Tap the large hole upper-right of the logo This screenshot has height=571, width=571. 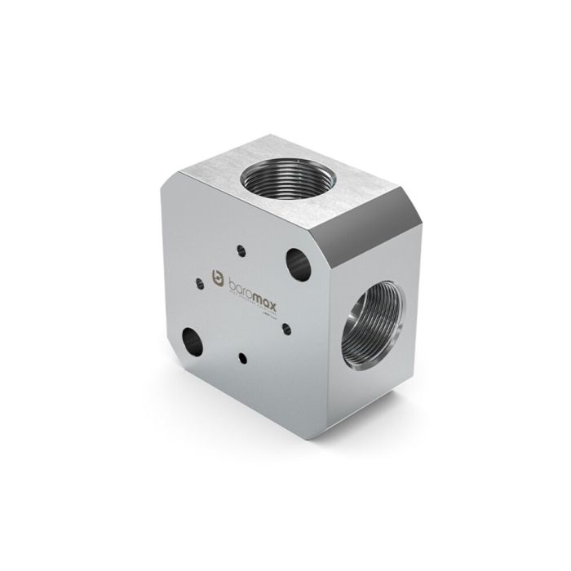click(x=296, y=263)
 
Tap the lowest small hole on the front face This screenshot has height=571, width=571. click(x=242, y=356)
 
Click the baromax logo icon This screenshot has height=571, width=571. click(x=217, y=278)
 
